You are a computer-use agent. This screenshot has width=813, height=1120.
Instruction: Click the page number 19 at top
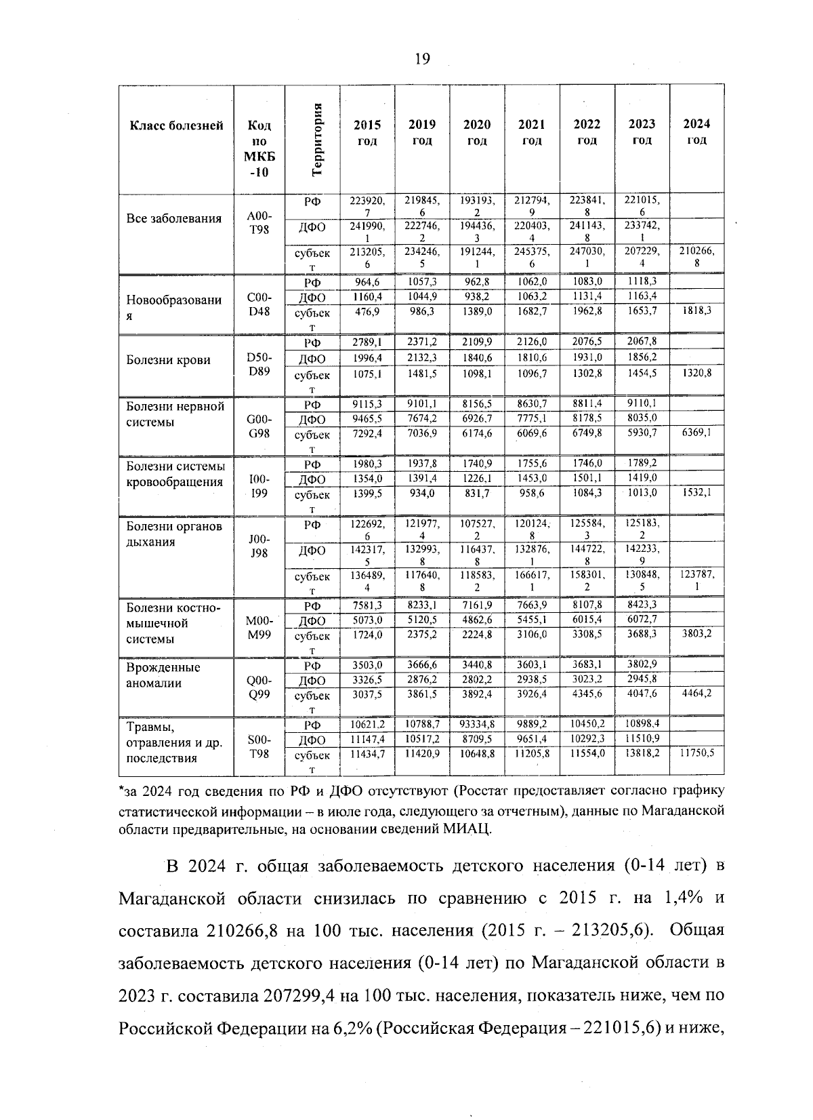coord(422,60)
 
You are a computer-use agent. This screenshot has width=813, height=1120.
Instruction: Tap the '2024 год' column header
coord(696,132)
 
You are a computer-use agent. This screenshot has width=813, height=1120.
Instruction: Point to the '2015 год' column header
coord(367,132)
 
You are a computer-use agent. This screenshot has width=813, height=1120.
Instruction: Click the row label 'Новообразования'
coord(174,308)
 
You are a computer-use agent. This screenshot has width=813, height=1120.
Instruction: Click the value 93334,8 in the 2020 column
coord(477,724)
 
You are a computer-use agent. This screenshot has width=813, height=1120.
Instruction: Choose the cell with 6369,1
coord(696,431)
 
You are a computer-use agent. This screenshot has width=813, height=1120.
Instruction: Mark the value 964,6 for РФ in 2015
coord(367,281)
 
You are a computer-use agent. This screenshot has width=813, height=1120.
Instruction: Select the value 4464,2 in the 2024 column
coord(696,693)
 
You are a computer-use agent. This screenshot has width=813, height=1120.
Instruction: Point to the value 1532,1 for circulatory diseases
coord(696,492)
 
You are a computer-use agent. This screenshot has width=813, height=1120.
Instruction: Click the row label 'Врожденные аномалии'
coord(163,675)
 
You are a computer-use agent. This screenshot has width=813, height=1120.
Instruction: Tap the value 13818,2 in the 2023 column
coord(642,753)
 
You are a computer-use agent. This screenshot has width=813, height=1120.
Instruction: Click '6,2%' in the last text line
coord(351,1028)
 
